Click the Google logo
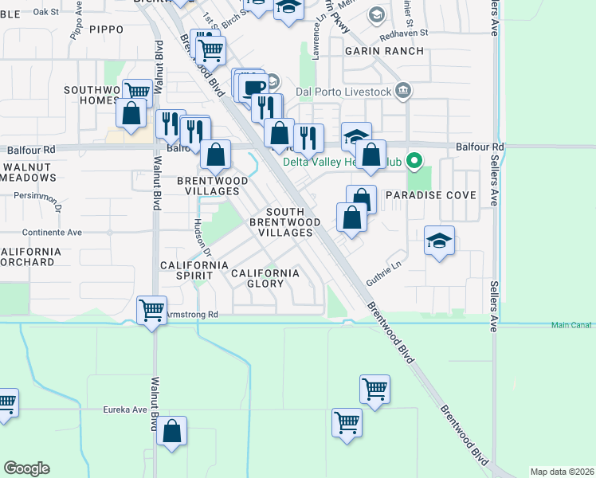click(26, 468)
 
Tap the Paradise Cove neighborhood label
click(430, 195)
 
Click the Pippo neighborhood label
click(106, 29)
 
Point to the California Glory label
click(265, 278)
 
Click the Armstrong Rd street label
click(191, 315)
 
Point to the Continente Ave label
click(52, 233)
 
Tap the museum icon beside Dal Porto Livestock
click(403, 90)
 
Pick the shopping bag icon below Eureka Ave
click(172, 432)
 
